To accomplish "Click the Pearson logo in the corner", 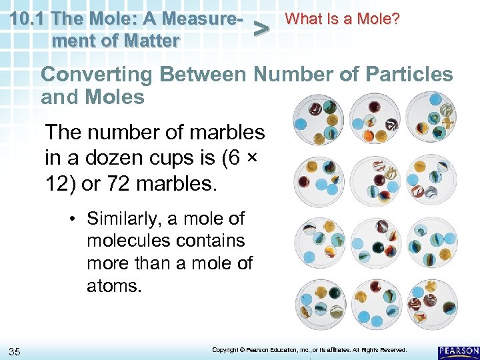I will (x=459, y=351).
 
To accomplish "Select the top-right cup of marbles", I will (x=431, y=117).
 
